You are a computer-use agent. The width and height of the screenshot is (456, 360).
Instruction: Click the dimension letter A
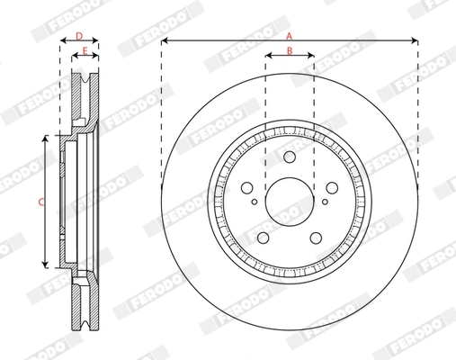coord(289,34)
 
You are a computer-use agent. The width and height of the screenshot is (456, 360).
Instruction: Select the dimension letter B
coord(289,50)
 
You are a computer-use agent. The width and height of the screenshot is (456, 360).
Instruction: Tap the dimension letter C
coord(40,202)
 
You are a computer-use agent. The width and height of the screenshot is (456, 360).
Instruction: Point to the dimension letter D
coord(79,36)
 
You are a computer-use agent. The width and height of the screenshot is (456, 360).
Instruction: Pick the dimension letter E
coord(84,51)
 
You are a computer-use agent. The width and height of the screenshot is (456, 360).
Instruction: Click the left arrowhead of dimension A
coord(165,41)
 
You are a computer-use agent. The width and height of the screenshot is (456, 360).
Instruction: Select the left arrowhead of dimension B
coord(268,57)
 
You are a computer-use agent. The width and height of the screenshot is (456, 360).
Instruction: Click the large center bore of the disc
coord(289,197)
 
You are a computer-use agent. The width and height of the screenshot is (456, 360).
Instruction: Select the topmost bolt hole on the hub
coord(289,157)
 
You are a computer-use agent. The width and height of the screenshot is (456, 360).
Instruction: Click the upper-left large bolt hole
coord(248,187)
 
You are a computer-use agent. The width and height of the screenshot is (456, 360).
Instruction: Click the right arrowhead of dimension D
coord(96,41)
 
